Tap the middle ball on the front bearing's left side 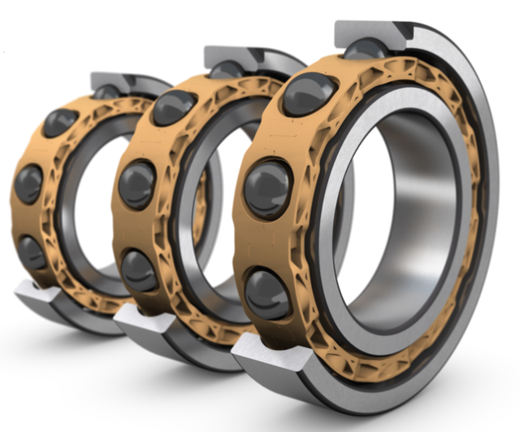point(267,189)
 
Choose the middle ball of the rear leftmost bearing point(28,184)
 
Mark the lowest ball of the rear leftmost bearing point(32,251)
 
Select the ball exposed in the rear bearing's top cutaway point(108,92)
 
